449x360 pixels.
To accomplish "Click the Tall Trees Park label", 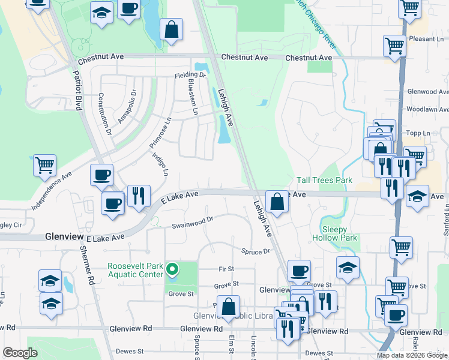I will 324,180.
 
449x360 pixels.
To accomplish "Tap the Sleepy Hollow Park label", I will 334,233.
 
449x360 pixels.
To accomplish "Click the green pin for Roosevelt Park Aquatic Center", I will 172,269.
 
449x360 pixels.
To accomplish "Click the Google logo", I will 20,353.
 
